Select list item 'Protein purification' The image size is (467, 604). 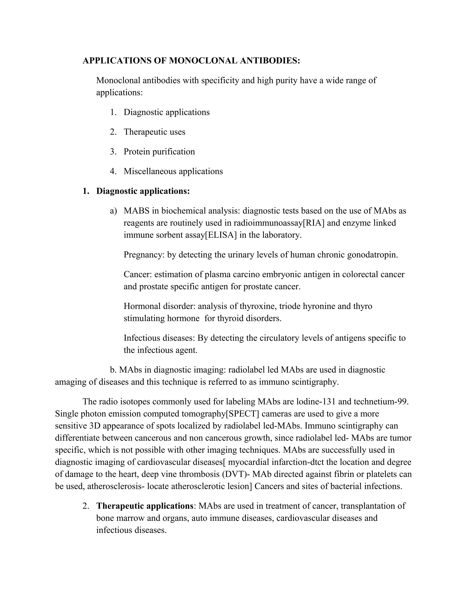(x=159, y=152)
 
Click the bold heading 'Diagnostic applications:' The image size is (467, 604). (x=143, y=191)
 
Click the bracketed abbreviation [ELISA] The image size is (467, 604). (x=221, y=235)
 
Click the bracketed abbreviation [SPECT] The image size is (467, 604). (x=242, y=414)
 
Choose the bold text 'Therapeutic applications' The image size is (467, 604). (x=145, y=506)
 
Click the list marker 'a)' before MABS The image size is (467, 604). (x=113, y=211)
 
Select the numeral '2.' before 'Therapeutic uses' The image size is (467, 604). (x=113, y=132)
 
